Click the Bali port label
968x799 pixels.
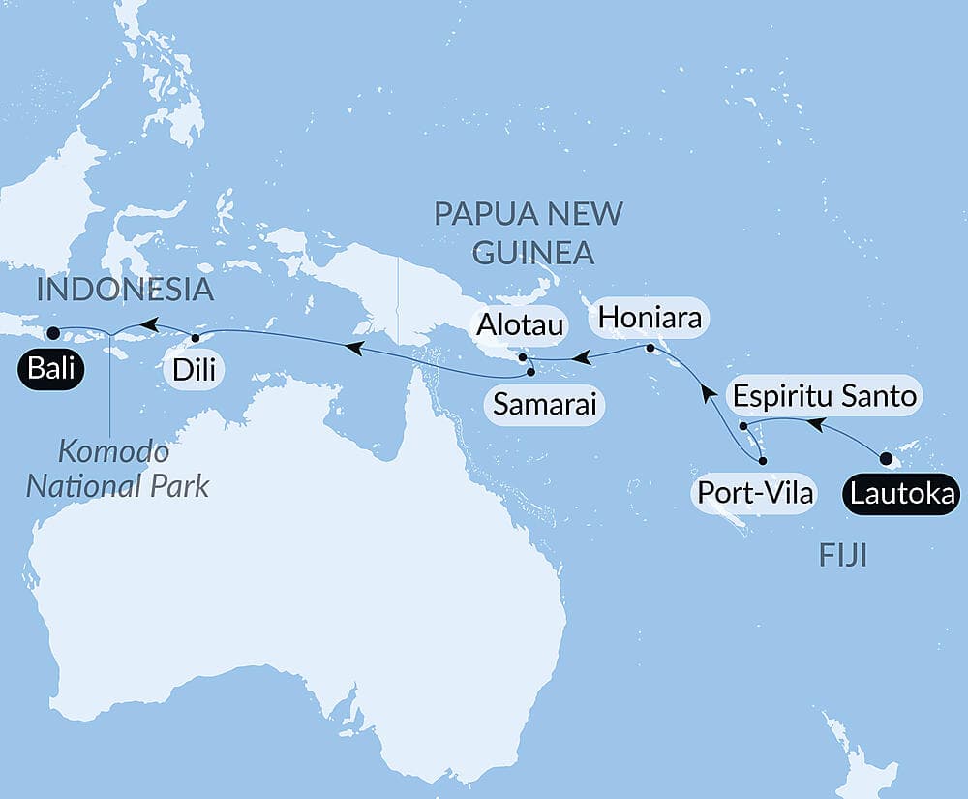(48, 368)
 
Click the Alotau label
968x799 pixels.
(518, 327)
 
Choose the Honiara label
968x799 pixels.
(650, 317)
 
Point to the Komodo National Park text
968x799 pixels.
(117, 469)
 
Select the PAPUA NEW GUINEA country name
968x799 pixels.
(529, 232)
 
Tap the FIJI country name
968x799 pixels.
(842, 556)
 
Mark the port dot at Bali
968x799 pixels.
(53, 333)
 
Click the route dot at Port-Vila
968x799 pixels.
(763, 461)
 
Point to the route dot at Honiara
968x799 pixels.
(650, 348)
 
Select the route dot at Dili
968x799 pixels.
(196, 338)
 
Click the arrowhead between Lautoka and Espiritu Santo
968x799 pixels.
(816, 423)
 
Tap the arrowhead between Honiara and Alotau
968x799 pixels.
(581, 359)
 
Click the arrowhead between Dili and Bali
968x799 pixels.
(147, 325)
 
